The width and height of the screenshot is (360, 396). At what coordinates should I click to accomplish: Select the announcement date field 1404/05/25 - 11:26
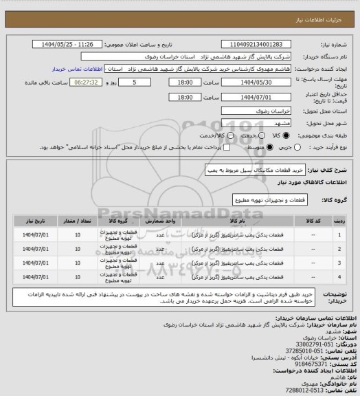tap(69, 45)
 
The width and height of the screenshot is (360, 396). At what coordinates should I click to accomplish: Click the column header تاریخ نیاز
tap(32, 221)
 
